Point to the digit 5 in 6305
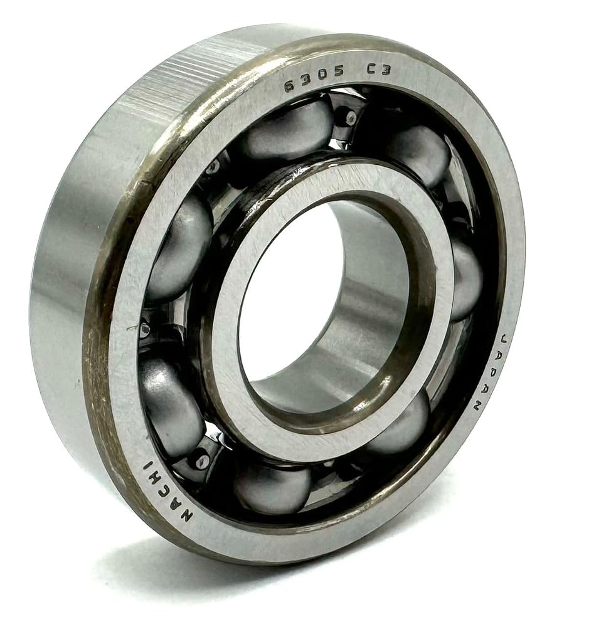pyautogui.click(x=339, y=72)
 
